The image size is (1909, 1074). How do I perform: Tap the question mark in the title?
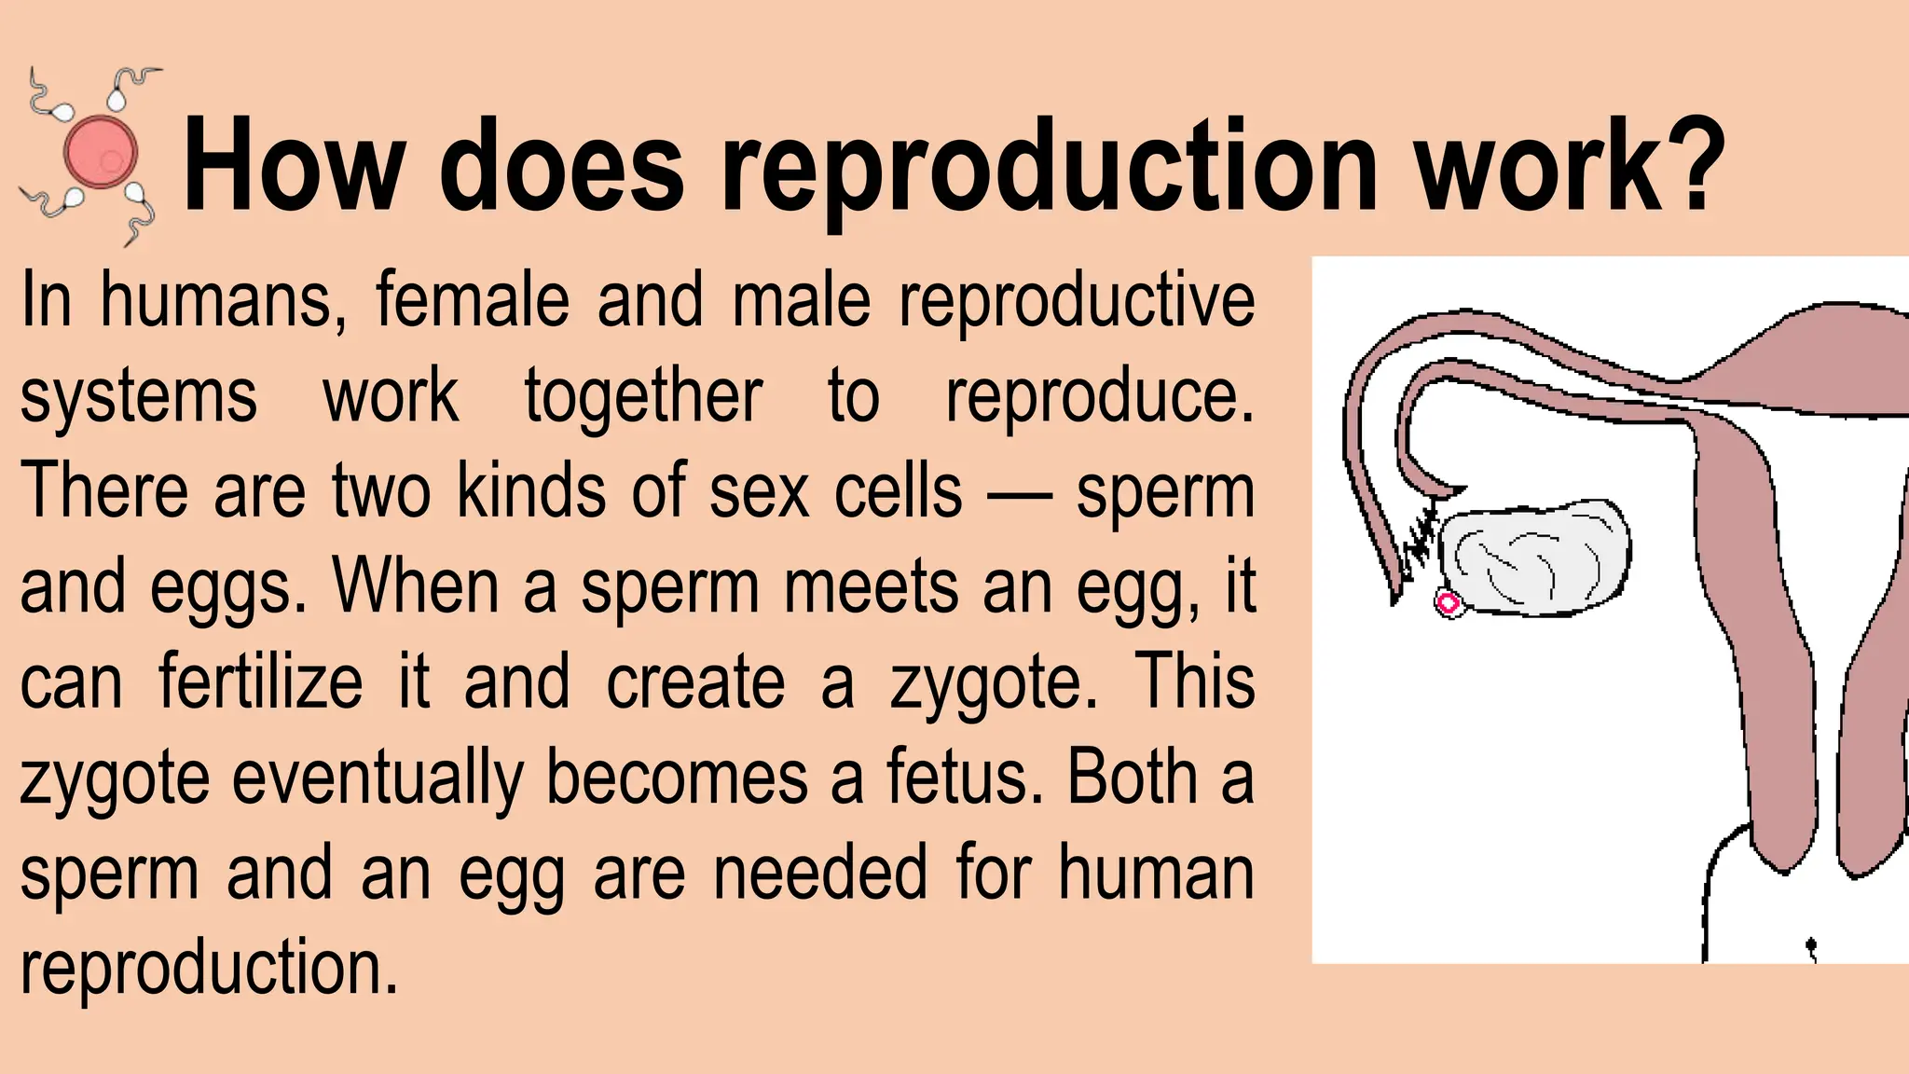click(1693, 163)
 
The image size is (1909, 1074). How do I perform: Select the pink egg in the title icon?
click(100, 151)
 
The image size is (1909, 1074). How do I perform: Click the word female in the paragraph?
click(472, 300)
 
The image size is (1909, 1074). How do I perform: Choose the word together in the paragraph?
click(643, 396)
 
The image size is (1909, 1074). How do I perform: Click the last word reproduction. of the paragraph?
click(209, 970)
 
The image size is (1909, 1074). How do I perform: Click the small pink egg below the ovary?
click(1448, 604)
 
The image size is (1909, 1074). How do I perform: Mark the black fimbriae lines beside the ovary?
click(1420, 536)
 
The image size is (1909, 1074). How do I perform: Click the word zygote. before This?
click(994, 685)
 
